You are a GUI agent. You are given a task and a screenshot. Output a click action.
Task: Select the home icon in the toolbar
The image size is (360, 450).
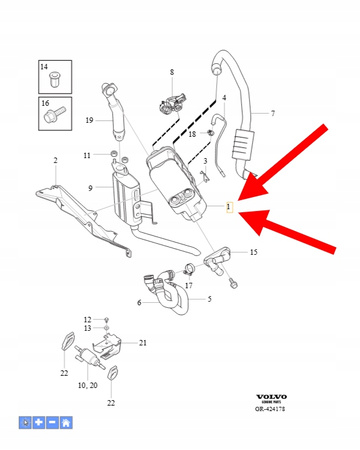click(x=65, y=423)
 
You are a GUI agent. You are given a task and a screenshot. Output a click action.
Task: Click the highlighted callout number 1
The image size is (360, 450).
click(x=229, y=208)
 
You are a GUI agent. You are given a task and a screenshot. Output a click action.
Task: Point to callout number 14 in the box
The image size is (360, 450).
click(x=44, y=67)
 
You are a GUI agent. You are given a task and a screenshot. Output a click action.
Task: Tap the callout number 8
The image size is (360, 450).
click(x=171, y=73)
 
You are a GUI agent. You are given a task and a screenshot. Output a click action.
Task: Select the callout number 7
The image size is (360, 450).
click(x=273, y=113)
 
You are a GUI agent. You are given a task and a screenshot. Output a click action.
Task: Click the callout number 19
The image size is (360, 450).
click(x=89, y=121)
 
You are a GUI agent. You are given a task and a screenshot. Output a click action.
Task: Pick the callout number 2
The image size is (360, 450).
click(x=56, y=160)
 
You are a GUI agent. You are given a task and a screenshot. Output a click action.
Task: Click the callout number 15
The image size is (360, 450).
click(x=253, y=253)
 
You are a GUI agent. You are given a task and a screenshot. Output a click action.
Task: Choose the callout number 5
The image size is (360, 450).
click(x=208, y=298)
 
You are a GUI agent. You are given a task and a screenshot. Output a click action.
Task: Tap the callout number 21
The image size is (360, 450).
click(x=142, y=343)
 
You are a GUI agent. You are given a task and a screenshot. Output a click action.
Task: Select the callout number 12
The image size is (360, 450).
click(x=87, y=317)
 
